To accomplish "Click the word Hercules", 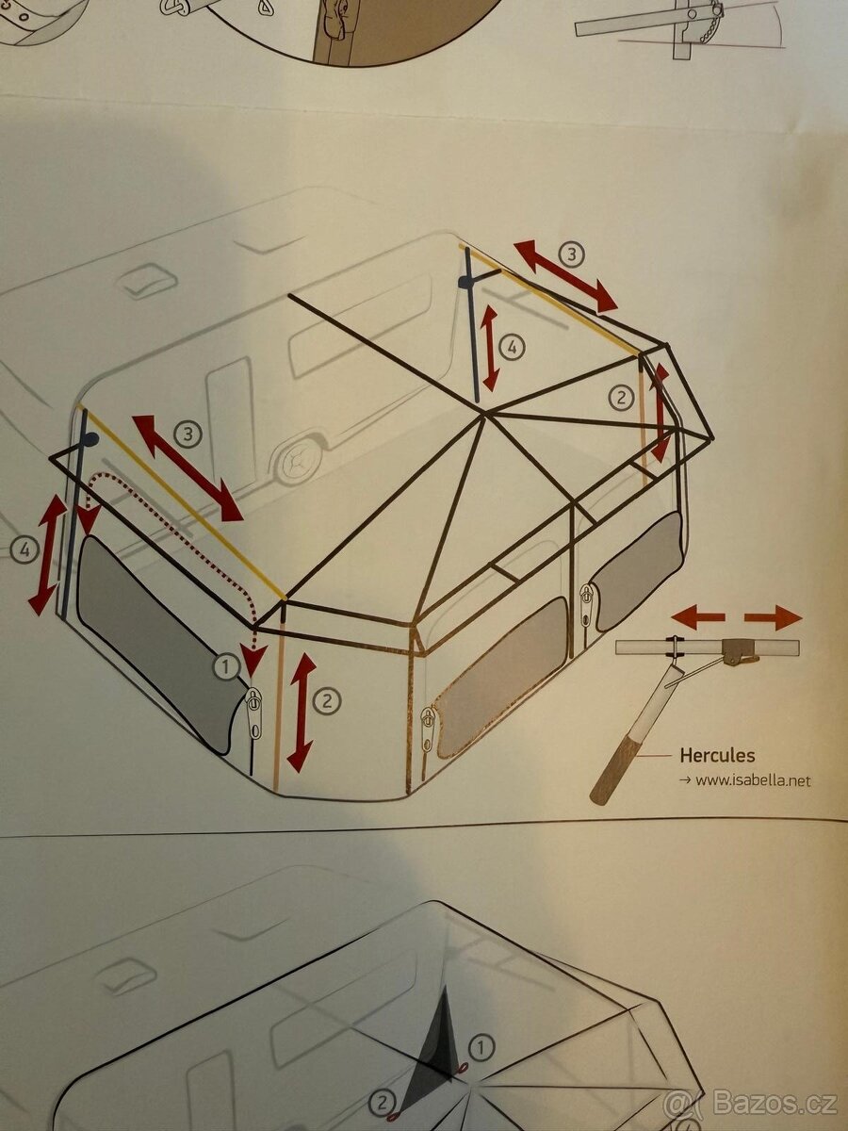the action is (x=717, y=755).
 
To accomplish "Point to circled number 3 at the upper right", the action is (x=572, y=254).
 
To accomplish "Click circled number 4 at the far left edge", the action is (x=24, y=551).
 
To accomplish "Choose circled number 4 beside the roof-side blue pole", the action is (x=512, y=347).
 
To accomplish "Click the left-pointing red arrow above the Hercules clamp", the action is (x=697, y=618).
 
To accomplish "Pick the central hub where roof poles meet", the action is (x=484, y=415).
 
